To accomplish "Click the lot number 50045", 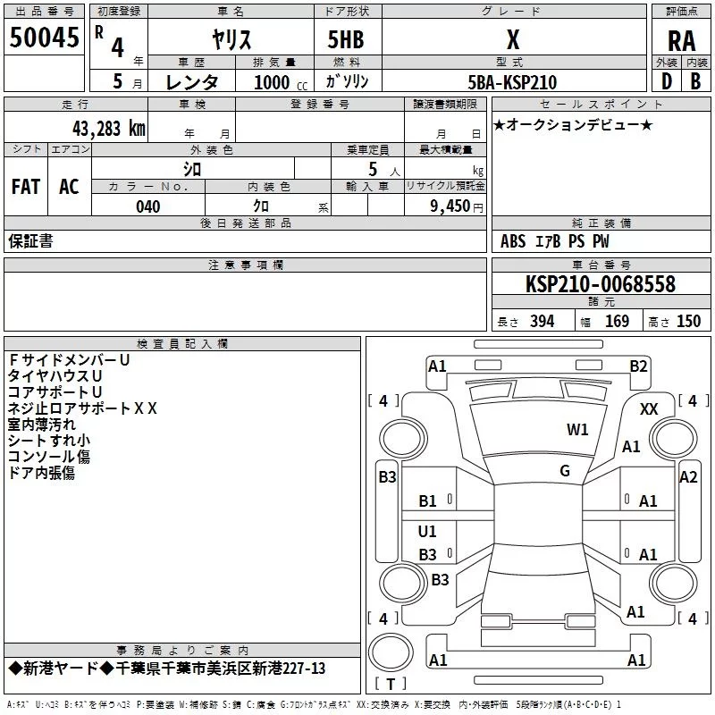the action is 44,38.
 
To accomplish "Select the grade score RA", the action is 681,41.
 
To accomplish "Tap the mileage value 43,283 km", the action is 109,129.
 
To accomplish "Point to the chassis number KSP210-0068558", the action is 601,284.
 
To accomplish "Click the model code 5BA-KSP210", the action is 512,82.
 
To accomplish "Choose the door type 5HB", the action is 346,39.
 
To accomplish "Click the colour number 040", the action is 148,206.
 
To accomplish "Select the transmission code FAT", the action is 26,187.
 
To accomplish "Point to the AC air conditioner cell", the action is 69,187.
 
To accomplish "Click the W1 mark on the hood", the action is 577,429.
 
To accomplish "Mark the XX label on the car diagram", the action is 649,409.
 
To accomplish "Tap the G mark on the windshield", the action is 565,471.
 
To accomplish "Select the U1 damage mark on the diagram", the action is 427,531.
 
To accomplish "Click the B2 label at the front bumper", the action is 638,366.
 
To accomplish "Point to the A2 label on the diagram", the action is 688,477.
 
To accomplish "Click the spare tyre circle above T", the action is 391,652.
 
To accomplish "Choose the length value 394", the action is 543,322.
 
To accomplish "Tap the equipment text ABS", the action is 513,241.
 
